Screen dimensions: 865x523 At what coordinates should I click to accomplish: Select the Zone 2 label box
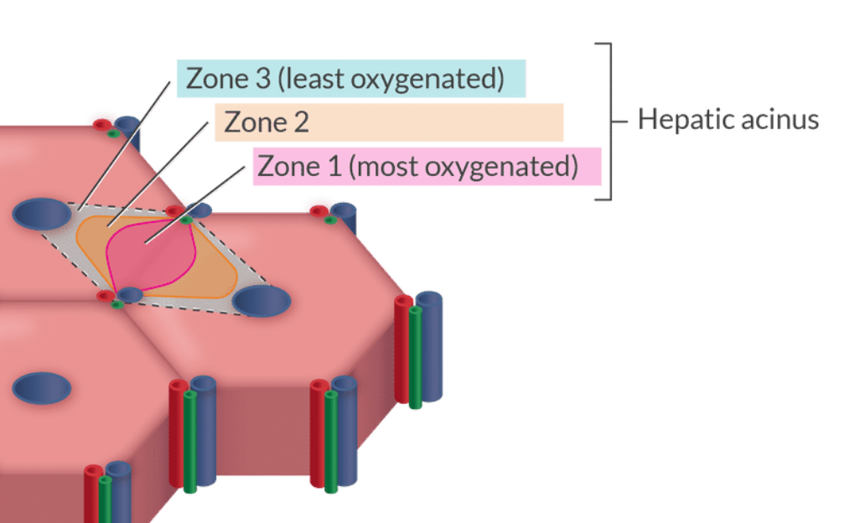389,122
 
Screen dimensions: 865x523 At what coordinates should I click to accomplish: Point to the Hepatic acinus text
728,119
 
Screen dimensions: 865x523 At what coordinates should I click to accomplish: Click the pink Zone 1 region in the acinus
151,255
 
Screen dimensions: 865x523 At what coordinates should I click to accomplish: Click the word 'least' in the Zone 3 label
307,79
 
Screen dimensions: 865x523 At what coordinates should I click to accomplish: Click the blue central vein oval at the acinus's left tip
42,215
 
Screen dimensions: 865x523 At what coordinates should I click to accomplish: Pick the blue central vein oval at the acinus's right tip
262,300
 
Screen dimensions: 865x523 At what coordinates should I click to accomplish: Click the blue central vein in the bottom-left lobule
42,388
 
